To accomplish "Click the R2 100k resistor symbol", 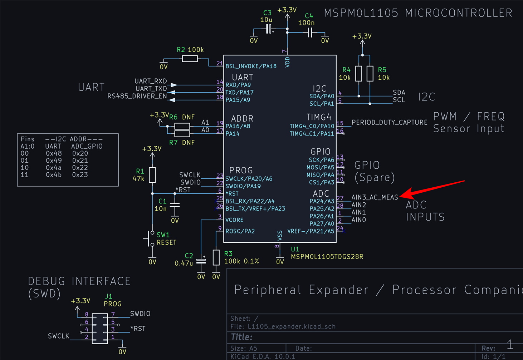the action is pos(190,59).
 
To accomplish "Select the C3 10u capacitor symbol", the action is pos(269,29).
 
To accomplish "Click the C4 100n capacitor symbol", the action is pos(310,33).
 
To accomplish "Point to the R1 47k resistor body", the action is pos(152,175).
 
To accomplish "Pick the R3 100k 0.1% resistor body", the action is pos(216,257).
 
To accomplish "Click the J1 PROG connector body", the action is pos(100,328).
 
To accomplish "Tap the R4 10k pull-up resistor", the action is pos(359,74).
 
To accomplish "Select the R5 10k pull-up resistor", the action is pos(370,74).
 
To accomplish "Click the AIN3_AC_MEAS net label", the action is pos(375,197).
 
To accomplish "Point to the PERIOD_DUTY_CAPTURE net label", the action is pos(390,122).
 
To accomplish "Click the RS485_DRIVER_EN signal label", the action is pos(137,96).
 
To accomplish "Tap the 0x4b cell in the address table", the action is pos(54,175).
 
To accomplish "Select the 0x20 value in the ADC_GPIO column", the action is pos(80,153).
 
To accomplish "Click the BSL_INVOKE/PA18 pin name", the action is pos(251,66).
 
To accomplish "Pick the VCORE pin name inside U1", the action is pos(234,220).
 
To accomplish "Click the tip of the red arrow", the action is pos(400,197).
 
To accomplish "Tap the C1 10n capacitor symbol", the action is pos(175,205).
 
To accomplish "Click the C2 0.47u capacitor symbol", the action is pos(201,261).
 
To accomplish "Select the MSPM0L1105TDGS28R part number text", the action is pos(327,257).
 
